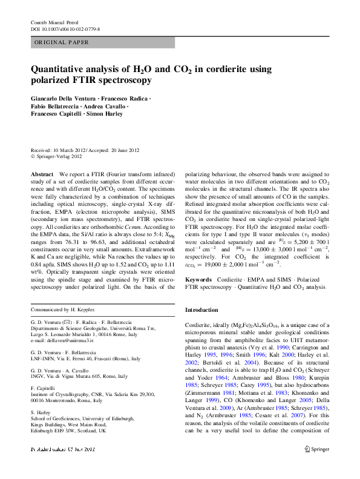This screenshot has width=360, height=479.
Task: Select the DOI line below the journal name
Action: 65,29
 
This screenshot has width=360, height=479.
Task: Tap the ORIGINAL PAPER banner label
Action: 62,42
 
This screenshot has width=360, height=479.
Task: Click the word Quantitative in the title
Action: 63,68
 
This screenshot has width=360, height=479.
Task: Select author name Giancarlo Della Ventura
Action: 67,98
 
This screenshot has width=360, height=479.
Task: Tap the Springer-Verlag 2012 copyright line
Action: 58,156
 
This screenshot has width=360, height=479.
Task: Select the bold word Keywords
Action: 198,280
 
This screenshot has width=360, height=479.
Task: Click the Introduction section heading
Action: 201,309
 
